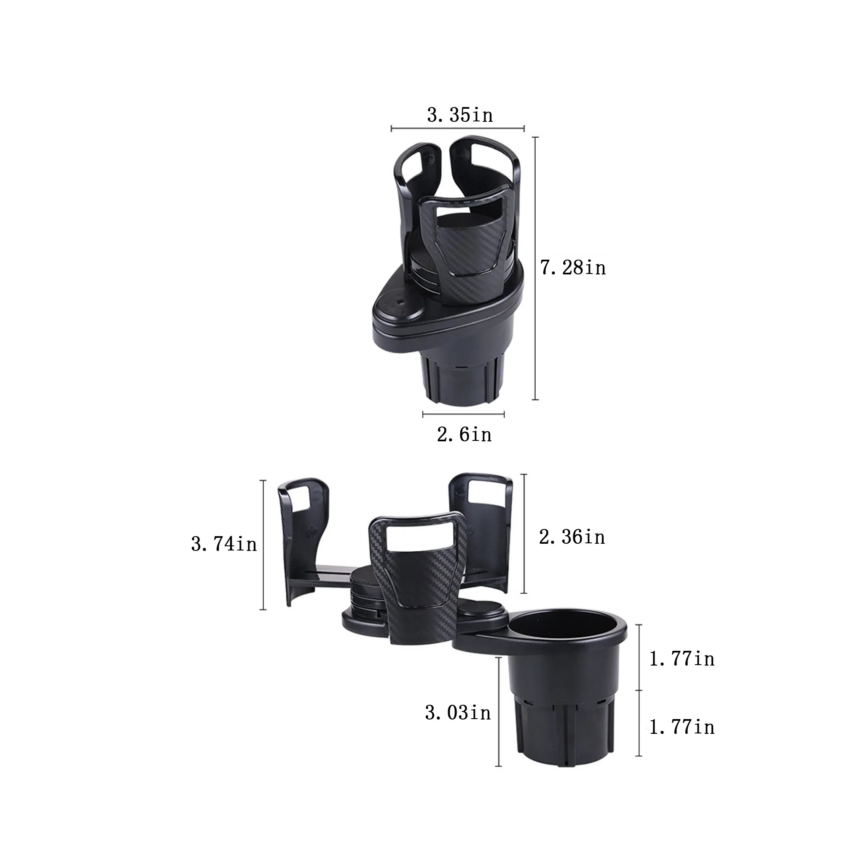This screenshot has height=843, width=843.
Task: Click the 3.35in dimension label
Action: tap(460, 115)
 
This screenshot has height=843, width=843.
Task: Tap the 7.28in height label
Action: tap(573, 268)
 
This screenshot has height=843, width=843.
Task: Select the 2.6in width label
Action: tap(464, 435)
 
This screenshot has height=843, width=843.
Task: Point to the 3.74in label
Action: tap(224, 545)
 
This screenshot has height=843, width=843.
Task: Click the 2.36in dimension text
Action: tap(572, 537)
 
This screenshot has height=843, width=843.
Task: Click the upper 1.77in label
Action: tap(682, 659)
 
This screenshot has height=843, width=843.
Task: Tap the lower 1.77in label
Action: tap(682, 728)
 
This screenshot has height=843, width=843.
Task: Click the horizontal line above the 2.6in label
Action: tap(463, 414)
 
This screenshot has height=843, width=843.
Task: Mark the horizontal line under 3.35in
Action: tap(457, 129)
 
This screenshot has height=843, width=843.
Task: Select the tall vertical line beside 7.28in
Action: tap(535, 268)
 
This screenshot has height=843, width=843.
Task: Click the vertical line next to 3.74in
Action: tap(263, 545)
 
